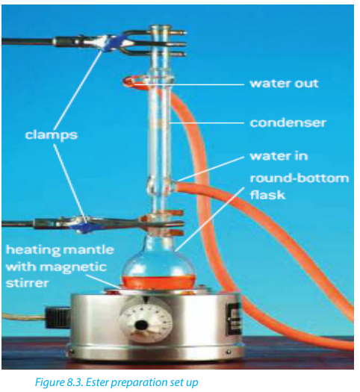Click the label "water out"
[x=285, y=84]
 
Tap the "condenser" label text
[x=288, y=122]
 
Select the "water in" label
[x=279, y=156]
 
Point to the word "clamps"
[x=52, y=135]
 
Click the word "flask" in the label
[x=267, y=195]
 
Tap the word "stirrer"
[x=27, y=283]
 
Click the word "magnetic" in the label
[x=73, y=267]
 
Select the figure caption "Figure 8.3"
[x=59, y=382]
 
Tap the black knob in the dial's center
[x=141, y=326]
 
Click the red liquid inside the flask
[x=159, y=281]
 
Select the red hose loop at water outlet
[x=132, y=81]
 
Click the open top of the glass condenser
[x=161, y=27]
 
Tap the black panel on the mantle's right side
[x=234, y=319]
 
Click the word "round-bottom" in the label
[x=300, y=178]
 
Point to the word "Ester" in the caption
[x=97, y=382]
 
